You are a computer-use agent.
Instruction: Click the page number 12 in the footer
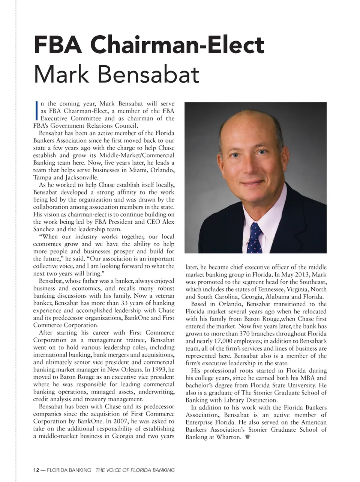click(36, 470)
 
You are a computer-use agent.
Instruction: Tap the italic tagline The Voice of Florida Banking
click(135, 470)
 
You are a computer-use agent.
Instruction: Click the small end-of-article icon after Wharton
click(247, 437)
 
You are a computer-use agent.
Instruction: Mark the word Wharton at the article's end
click(228, 437)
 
